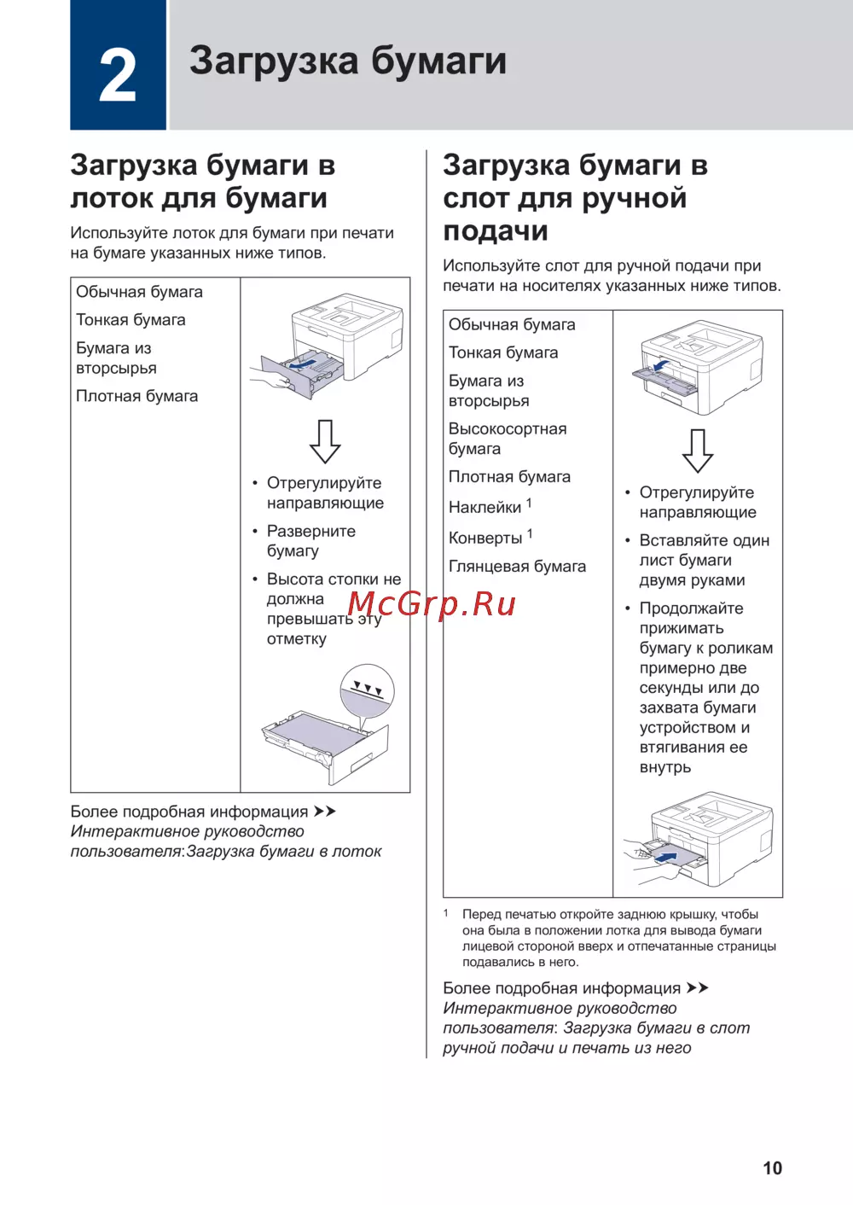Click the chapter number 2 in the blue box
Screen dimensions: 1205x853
[118, 75]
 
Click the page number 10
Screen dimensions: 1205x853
[772, 1168]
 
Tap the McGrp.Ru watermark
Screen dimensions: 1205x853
[432, 604]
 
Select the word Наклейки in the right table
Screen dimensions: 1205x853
[485, 508]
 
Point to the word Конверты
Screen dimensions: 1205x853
[485, 538]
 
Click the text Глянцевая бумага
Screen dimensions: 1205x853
[517, 567]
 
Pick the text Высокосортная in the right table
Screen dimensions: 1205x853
[508, 429]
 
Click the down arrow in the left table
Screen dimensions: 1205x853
[325, 440]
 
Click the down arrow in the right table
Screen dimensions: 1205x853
[698, 450]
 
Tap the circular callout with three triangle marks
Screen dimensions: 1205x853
[367, 690]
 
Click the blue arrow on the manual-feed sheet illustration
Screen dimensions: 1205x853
[665, 857]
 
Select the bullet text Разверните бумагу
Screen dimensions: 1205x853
[310, 541]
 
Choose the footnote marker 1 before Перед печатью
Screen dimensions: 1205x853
[446, 913]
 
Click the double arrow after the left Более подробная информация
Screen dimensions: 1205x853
[325, 812]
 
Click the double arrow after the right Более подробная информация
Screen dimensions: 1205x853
[698, 988]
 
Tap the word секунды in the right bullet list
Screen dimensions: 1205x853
[669, 688]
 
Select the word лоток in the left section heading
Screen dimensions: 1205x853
[108, 198]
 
